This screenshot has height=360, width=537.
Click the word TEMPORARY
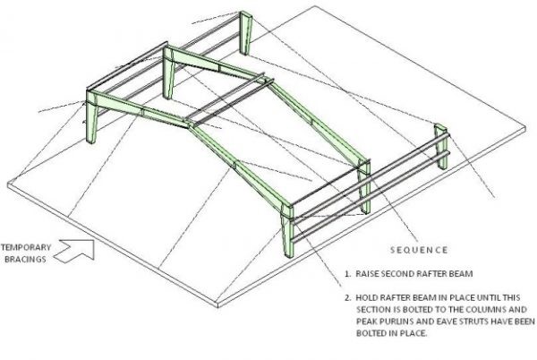(26, 247)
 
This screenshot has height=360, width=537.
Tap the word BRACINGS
(25, 260)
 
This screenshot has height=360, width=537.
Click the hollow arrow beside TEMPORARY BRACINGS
(74, 251)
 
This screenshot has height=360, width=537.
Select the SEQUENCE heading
(419, 250)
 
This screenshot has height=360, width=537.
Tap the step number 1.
(347, 274)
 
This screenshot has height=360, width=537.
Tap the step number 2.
(347, 297)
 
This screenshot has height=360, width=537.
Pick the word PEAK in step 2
(365, 321)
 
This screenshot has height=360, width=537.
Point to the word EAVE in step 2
(448, 321)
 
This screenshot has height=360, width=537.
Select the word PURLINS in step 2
(394, 321)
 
